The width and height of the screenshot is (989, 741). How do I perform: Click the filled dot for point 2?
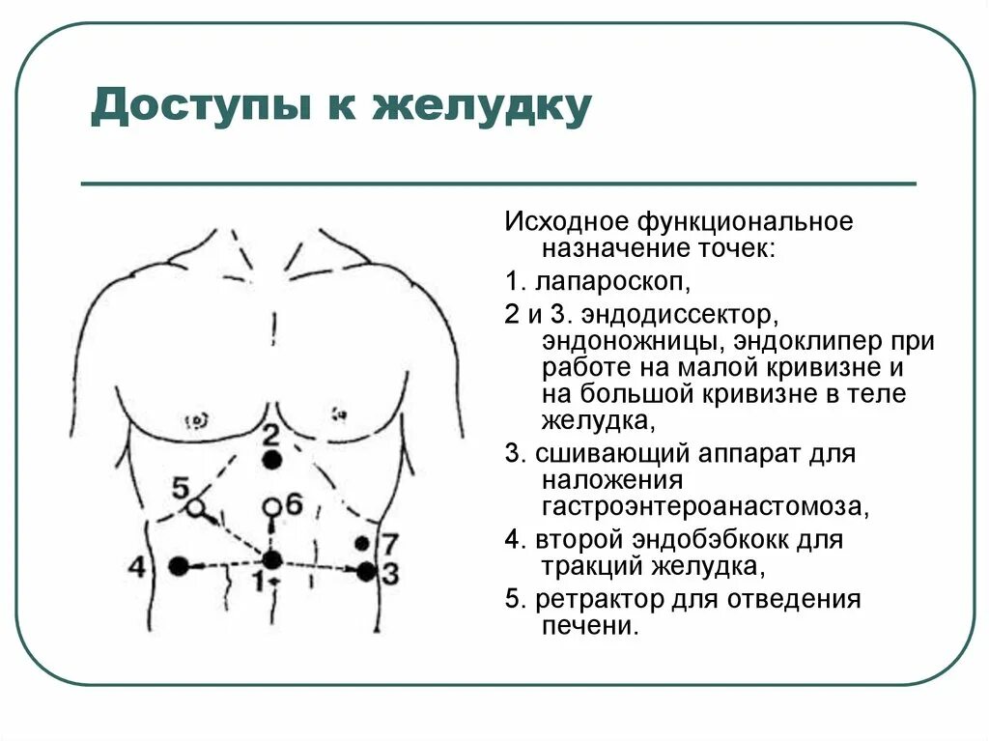pyautogui.click(x=272, y=460)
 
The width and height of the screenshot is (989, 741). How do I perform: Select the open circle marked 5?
pyautogui.click(x=196, y=506)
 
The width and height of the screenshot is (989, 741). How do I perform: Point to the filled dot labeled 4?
pyautogui.click(x=178, y=566)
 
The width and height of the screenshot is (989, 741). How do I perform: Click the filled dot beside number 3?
pyautogui.click(x=365, y=572)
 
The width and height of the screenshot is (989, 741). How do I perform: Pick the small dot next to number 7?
pyautogui.click(x=362, y=543)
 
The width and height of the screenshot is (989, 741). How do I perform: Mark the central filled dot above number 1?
pyautogui.click(x=272, y=559)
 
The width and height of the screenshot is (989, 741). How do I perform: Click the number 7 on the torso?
pyautogui.click(x=388, y=542)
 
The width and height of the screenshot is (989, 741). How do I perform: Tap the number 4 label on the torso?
pyautogui.click(x=137, y=566)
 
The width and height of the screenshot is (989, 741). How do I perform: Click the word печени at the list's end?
pyautogui.click(x=590, y=627)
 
